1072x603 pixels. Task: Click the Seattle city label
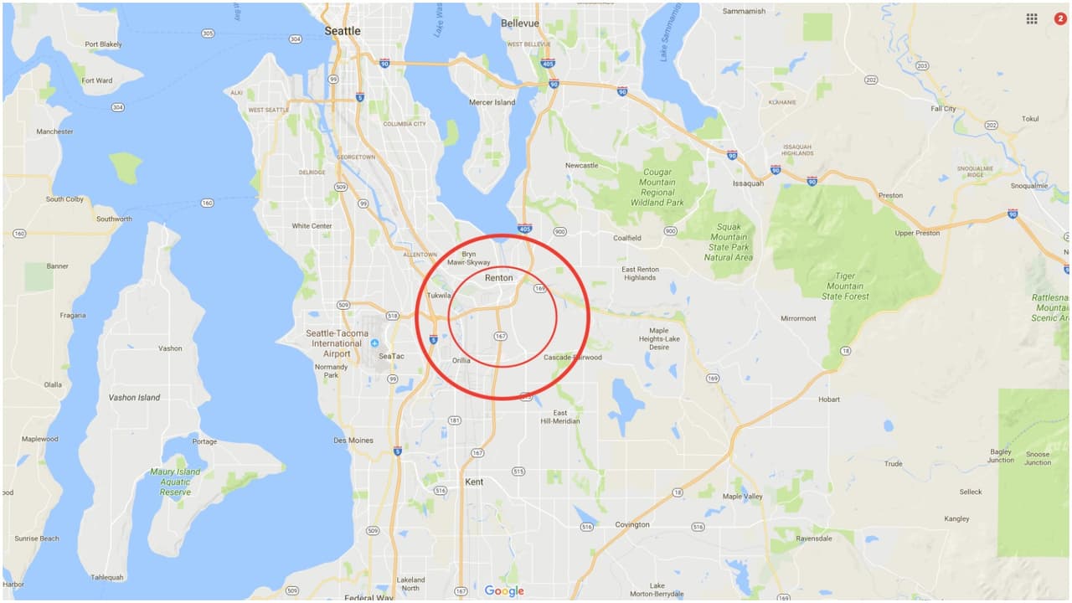pyautogui.click(x=343, y=31)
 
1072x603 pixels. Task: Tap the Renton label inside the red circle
pyautogui.click(x=498, y=278)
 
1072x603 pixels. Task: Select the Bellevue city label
pyautogui.click(x=520, y=23)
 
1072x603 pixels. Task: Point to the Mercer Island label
pyautogui.click(x=492, y=102)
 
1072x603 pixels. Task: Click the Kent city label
pyautogui.click(x=474, y=482)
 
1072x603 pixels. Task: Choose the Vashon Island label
pyautogui.click(x=134, y=397)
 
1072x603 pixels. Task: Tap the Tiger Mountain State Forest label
pyautogui.click(x=845, y=286)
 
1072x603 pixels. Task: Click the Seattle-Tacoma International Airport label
pyautogui.click(x=337, y=343)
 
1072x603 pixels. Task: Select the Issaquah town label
pyautogui.click(x=748, y=183)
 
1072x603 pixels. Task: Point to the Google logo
pyautogui.click(x=504, y=591)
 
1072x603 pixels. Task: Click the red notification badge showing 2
pyautogui.click(x=1059, y=18)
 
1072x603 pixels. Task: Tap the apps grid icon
pyautogui.click(x=1032, y=18)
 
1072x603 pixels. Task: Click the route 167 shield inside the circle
pyautogui.click(x=500, y=336)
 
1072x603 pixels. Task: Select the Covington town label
pyautogui.click(x=632, y=524)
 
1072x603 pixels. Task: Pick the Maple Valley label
pyautogui.click(x=743, y=497)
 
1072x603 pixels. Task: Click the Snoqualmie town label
pyautogui.click(x=1029, y=186)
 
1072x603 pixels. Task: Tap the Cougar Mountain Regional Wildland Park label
pyautogui.click(x=657, y=193)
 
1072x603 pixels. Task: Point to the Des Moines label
pyautogui.click(x=353, y=441)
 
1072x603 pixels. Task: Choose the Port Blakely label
pyautogui.click(x=103, y=44)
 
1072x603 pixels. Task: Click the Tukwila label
pyautogui.click(x=439, y=296)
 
